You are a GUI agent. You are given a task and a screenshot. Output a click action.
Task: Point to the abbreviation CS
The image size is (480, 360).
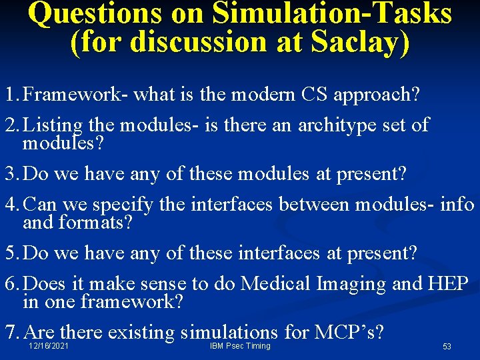click(313, 95)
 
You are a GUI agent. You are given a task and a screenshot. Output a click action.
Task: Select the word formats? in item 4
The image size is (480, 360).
click(98, 222)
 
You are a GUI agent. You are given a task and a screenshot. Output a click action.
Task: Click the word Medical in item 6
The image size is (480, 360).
click(275, 284)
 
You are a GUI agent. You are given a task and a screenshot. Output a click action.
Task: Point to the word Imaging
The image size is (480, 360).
click(351, 284)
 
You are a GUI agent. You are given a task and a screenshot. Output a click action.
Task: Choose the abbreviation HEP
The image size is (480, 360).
click(449, 284)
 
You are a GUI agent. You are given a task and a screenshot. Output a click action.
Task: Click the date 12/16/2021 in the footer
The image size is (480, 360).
click(49, 346)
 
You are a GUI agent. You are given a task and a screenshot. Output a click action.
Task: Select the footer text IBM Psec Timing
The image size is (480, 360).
click(240, 346)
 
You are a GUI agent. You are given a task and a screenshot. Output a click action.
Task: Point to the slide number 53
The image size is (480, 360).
click(447, 347)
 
